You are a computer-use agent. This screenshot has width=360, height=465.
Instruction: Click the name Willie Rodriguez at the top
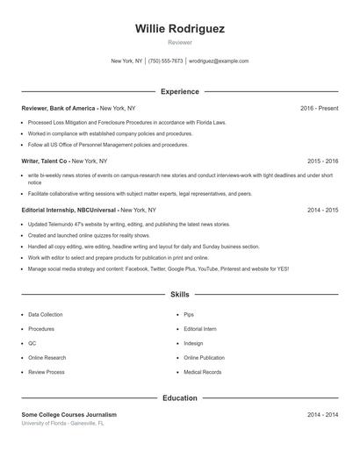coord(180,29)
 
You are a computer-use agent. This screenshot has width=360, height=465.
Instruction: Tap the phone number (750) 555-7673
coord(166,61)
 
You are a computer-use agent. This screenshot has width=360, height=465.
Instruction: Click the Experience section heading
coord(180,91)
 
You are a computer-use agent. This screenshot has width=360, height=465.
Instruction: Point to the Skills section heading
coord(180,295)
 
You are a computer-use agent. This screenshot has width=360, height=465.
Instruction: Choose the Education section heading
coord(180,398)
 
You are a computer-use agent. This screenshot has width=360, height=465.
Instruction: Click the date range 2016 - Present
coord(319,108)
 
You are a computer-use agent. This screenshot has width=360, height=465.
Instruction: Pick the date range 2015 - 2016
coord(322,161)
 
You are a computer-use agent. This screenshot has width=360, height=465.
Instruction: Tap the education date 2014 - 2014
coord(322,414)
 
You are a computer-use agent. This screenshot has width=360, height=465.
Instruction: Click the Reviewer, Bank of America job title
coord(59,108)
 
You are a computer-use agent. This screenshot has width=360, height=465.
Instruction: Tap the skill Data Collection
coord(46,314)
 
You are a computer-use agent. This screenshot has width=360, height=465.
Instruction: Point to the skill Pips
coord(189,314)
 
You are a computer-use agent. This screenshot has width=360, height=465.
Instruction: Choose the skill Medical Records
coord(201,372)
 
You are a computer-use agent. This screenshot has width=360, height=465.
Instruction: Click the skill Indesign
coord(193,343)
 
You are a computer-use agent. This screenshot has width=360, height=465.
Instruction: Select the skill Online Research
coord(47,358)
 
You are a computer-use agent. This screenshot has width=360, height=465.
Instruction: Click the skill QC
coord(32,343)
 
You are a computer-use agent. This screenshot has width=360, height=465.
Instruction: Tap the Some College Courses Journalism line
coord(68,414)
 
